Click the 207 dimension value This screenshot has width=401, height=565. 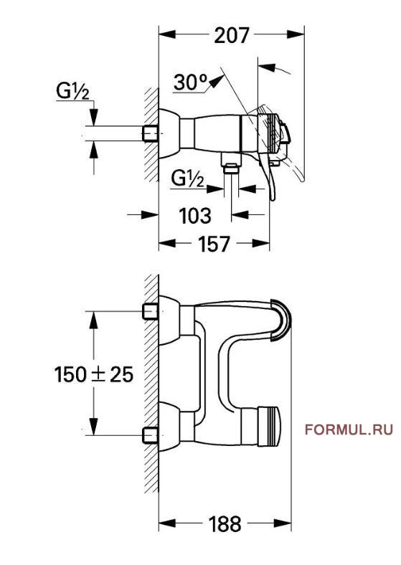click(x=232, y=36)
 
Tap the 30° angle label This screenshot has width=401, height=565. click(x=191, y=82)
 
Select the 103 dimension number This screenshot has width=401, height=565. click(x=195, y=216)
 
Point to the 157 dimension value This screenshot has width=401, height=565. click(x=214, y=244)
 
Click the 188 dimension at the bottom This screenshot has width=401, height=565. click(x=225, y=524)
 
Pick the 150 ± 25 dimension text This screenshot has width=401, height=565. click(x=94, y=374)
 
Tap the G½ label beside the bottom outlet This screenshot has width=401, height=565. click(x=187, y=178)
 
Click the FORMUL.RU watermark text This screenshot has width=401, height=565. click(x=349, y=429)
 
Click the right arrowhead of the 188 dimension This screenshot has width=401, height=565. click(x=283, y=523)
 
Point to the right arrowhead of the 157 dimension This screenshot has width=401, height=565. click(x=261, y=243)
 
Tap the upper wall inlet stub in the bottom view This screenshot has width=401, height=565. click(x=151, y=312)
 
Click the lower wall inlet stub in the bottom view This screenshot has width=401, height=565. click(x=151, y=435)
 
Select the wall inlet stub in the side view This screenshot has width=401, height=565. click(x=151, y=133)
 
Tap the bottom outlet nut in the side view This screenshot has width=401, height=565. click(x=231, y=168)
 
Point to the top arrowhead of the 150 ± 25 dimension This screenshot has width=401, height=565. click(x=94, y=320)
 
